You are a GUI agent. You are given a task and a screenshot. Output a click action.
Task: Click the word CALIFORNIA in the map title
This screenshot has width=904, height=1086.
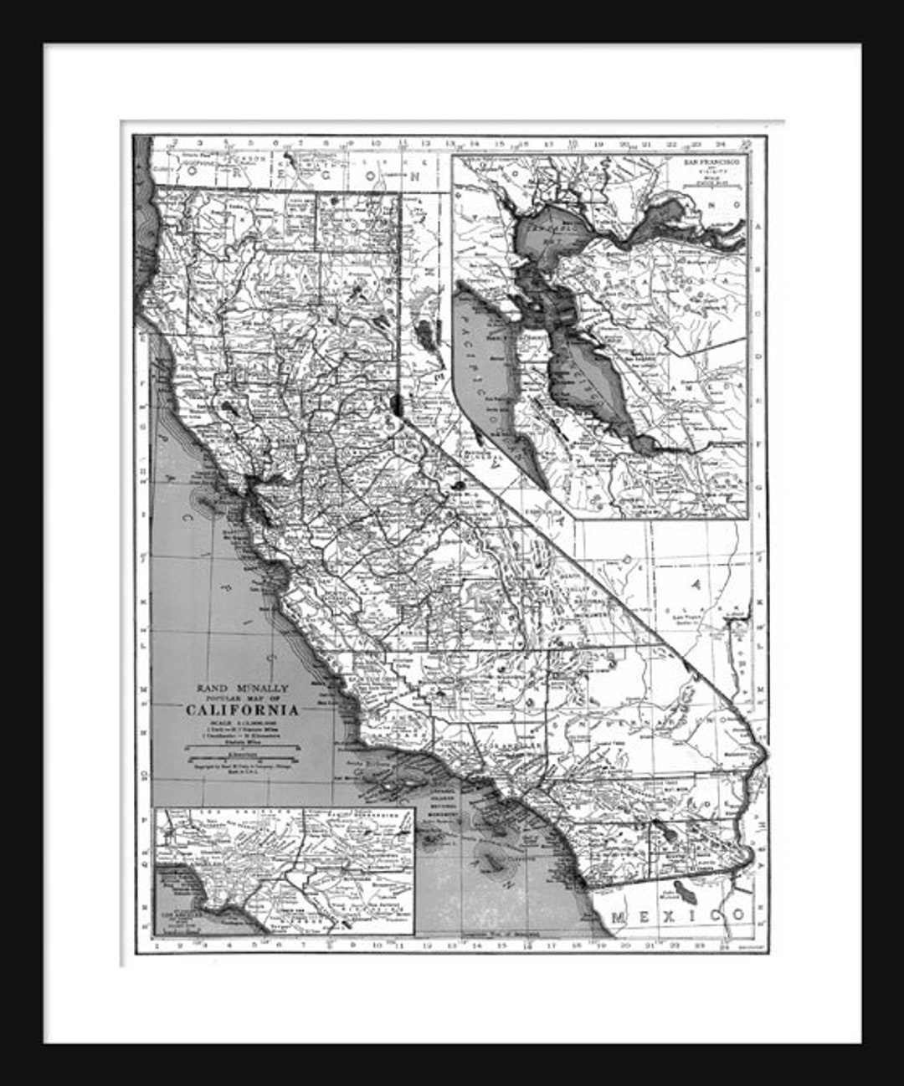(x=242, y=710)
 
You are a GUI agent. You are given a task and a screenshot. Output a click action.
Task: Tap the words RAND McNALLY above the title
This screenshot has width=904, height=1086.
(x=242, y=688)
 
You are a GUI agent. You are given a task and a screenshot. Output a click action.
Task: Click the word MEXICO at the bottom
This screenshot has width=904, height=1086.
(x=678, y=916)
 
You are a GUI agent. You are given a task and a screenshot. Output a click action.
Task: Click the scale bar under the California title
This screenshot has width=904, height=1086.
(x=242, y=755)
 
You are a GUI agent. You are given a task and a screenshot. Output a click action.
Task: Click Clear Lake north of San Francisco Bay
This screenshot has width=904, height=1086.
(x=229, y=408)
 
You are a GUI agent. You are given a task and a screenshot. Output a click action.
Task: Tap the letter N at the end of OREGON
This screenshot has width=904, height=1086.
(x=414, y=177)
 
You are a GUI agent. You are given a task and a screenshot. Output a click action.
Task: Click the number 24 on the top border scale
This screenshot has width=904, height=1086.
(x=721, y=144)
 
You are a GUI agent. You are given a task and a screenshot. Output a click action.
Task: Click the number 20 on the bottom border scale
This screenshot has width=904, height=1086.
(x=625, y=946)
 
